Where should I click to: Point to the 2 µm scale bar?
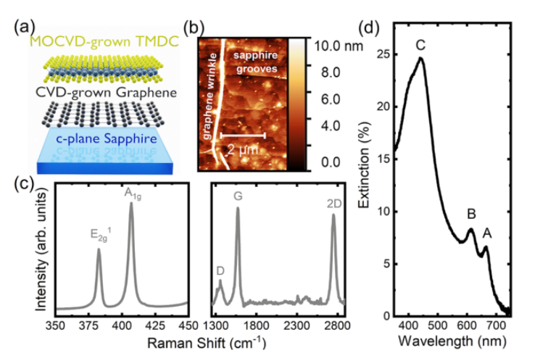click(x=243, y=135)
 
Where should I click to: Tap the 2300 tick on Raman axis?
click(x=296, y=323)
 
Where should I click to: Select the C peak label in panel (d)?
click(x=420, y=46)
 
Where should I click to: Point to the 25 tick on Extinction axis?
click(x=383, y=54)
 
